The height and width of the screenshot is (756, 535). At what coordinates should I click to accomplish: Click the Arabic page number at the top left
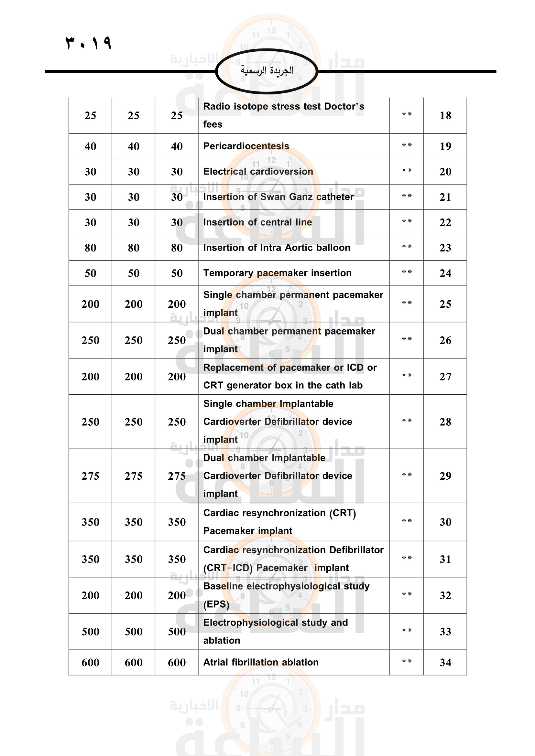(x=88, y=43)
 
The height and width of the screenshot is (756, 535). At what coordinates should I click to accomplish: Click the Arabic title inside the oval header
(x=267, y=70)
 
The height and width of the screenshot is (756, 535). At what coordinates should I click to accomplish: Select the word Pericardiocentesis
(x=246, y=146)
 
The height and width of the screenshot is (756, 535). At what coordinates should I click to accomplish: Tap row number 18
(x=445, y=116)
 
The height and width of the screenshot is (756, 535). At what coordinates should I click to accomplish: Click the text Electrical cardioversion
(x=258, y=172)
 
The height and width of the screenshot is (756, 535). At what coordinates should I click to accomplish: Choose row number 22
(x=445, y=223)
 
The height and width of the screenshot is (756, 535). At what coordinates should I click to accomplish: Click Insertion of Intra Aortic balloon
(x=276, y=248)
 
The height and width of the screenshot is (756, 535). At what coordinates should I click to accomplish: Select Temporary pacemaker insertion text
(x=277, y=273)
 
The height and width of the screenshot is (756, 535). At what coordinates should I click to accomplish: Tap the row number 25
(x=445, y=304)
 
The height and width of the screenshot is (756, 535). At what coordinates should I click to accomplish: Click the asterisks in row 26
(x=407, y=339)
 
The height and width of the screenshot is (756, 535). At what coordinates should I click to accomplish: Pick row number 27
(x=445, y=377)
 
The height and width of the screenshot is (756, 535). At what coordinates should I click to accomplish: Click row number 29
(x=445, y=476)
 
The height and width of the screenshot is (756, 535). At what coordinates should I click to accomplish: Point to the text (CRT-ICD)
(x=228, y=568)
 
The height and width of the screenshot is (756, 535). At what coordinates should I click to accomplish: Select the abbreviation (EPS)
(x=216, y=604)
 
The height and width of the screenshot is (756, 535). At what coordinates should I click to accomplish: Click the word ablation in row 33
(x=221, y=640)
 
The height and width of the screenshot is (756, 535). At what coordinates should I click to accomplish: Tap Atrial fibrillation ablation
(x=261, y=662)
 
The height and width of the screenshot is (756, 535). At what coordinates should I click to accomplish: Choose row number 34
(x=445, y=663)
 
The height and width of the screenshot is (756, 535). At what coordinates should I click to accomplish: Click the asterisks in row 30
(x=407, y=521)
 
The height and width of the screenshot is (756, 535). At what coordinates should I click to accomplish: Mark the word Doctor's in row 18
(x=344, y=106)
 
